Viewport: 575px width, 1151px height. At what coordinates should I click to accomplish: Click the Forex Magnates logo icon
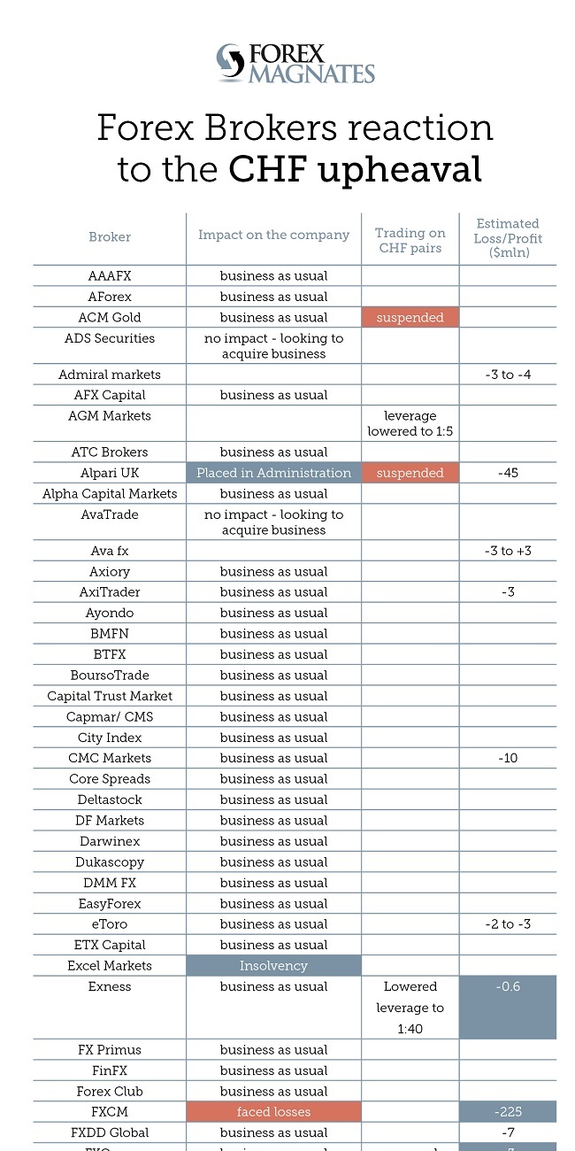coord(230,63)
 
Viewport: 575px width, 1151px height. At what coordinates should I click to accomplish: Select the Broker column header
coord(110,237)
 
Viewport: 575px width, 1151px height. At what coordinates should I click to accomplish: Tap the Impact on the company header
coord(273,235)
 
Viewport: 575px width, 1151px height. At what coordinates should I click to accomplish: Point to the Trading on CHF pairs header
coord(410,240)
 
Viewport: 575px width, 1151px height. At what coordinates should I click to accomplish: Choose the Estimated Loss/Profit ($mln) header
coord(508,238)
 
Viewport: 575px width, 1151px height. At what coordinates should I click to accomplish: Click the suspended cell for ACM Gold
coord(410,318)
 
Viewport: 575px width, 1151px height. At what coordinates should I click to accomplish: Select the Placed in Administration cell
coord(273,473)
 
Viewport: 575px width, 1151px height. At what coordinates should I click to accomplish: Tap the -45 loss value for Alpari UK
coord(508,473)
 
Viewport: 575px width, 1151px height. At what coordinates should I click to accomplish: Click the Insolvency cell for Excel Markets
coord(273,966)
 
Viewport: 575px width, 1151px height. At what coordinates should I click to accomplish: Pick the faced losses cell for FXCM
coord(273,1112)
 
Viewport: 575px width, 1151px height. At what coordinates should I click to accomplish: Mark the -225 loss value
coord(508,1112)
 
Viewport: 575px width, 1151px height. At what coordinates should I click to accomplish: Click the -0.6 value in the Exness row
coord(508,987)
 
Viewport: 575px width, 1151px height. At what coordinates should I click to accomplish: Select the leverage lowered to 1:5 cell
coord(410,423)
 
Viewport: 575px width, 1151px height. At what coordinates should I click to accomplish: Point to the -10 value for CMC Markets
coord(508,759)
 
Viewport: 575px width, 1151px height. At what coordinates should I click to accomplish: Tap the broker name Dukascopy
coord(110,862)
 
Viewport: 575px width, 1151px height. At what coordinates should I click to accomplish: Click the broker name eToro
coord(110,924)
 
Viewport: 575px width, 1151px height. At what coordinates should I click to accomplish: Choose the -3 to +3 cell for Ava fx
coord(508,552)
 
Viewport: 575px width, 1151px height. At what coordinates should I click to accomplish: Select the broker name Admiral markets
coord(110,375)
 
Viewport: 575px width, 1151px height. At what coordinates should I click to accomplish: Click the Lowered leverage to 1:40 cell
coord(410,1008)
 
